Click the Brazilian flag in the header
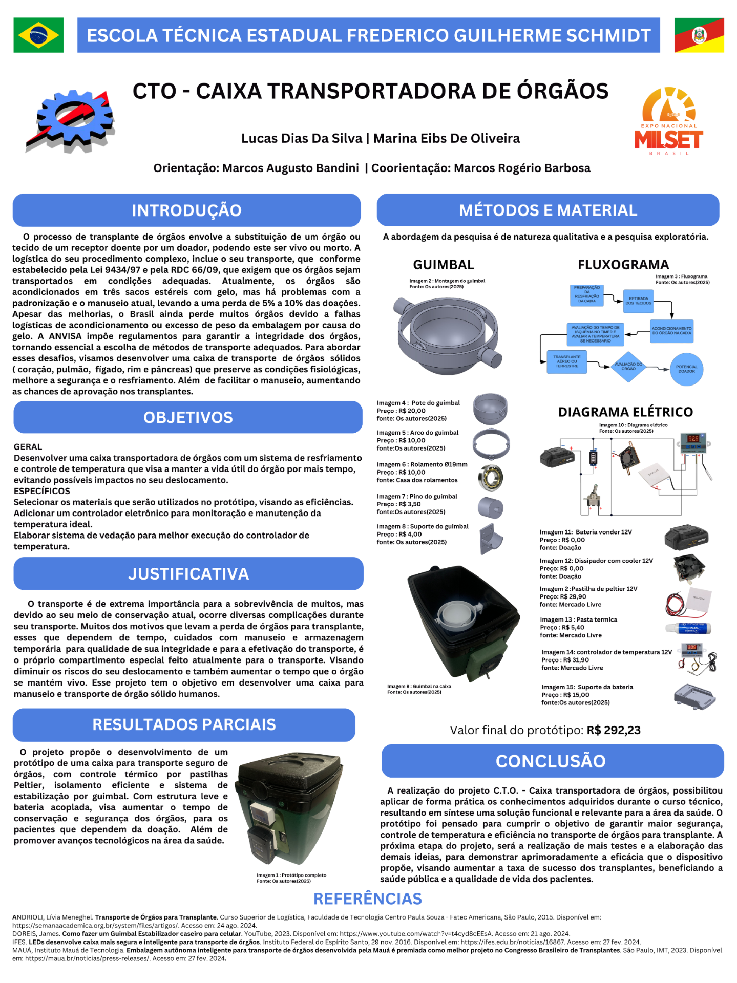click(x=38, y=35)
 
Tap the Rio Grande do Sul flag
click(x=699, y=35)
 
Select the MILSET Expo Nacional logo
click(x=668, y=122)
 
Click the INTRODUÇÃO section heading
click(x=186, y=210)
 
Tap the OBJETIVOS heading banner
click(x=188, y=418)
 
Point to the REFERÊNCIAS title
click(x=367, y=899)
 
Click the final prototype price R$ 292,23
click(x=614, y=731)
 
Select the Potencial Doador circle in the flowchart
click(x=686, y=369)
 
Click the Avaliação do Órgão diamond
click(x=628, y=367)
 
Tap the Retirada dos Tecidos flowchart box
click(x=638, y=301)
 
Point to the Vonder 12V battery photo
click(x=686, y=539)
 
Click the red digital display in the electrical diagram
click(x=693, y=439)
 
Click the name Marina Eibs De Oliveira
click(x=447, y=139)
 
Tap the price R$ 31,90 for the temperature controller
click(x=575, y=660)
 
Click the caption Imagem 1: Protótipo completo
click(x=291, y=875)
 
